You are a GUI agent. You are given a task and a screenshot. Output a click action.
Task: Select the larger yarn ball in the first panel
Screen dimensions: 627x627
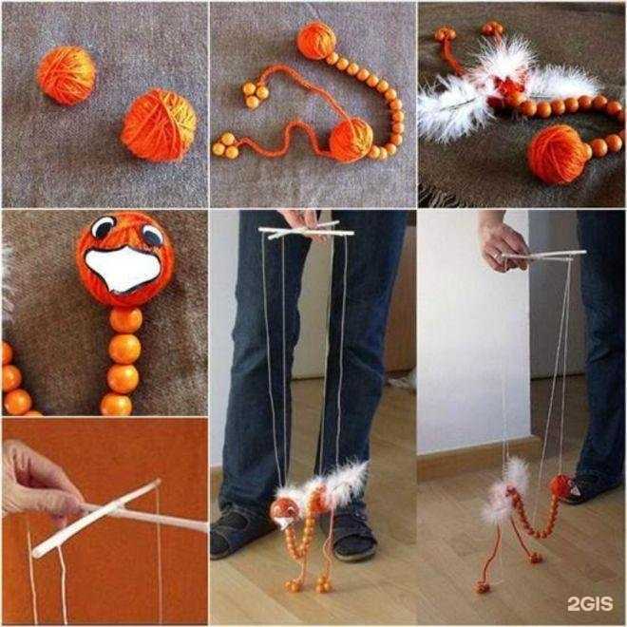click(160, 125)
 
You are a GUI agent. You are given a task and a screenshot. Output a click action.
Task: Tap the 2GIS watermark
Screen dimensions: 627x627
click(590, 603)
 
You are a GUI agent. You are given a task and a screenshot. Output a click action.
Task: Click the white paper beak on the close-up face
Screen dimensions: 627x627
click(123, 268)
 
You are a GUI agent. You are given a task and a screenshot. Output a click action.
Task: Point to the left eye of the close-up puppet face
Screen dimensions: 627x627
click(103, 228)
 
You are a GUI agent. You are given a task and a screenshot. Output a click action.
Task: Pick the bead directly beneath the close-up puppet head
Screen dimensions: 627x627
click(125, 320)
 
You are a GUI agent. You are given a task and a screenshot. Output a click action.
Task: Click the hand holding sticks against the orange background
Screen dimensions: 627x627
click(38, 480)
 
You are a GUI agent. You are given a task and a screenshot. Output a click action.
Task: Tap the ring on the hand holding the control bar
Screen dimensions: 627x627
click(496, 256)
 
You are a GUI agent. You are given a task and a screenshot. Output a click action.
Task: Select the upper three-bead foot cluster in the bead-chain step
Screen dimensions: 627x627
click(255, 94)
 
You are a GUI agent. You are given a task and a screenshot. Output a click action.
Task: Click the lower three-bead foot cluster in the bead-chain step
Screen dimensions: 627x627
click(225, 145)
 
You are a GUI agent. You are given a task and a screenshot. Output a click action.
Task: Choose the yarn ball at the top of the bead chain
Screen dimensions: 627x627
click(316, 41)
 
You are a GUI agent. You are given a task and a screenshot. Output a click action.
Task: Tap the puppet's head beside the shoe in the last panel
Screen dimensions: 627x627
click(561, 486)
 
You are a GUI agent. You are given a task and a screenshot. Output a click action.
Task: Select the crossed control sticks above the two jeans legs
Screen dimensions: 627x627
click(306, 232)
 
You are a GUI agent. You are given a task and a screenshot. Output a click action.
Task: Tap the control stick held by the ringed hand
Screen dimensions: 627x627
click(543, 256)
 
